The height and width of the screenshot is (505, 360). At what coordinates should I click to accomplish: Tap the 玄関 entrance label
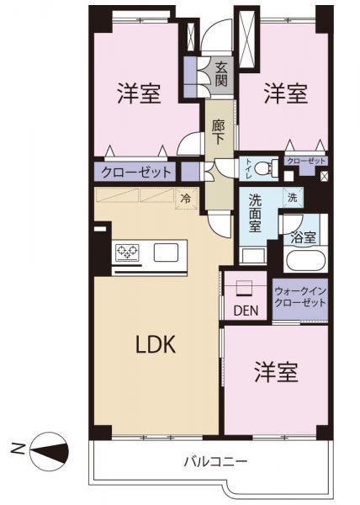(x=221, y=75)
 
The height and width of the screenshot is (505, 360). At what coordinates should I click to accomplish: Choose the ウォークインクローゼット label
(x=299, y=296)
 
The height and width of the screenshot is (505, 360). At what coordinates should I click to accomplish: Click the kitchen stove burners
(x=127, y=252)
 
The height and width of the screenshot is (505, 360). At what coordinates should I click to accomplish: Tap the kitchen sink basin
(x=165, y=252)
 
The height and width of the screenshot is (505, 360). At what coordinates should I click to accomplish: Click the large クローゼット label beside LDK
(x=136, y=173)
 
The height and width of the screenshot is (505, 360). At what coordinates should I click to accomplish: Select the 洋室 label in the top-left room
(x=140, y=93)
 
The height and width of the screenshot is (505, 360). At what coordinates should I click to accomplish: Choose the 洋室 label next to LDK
(x=277, y=372)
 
